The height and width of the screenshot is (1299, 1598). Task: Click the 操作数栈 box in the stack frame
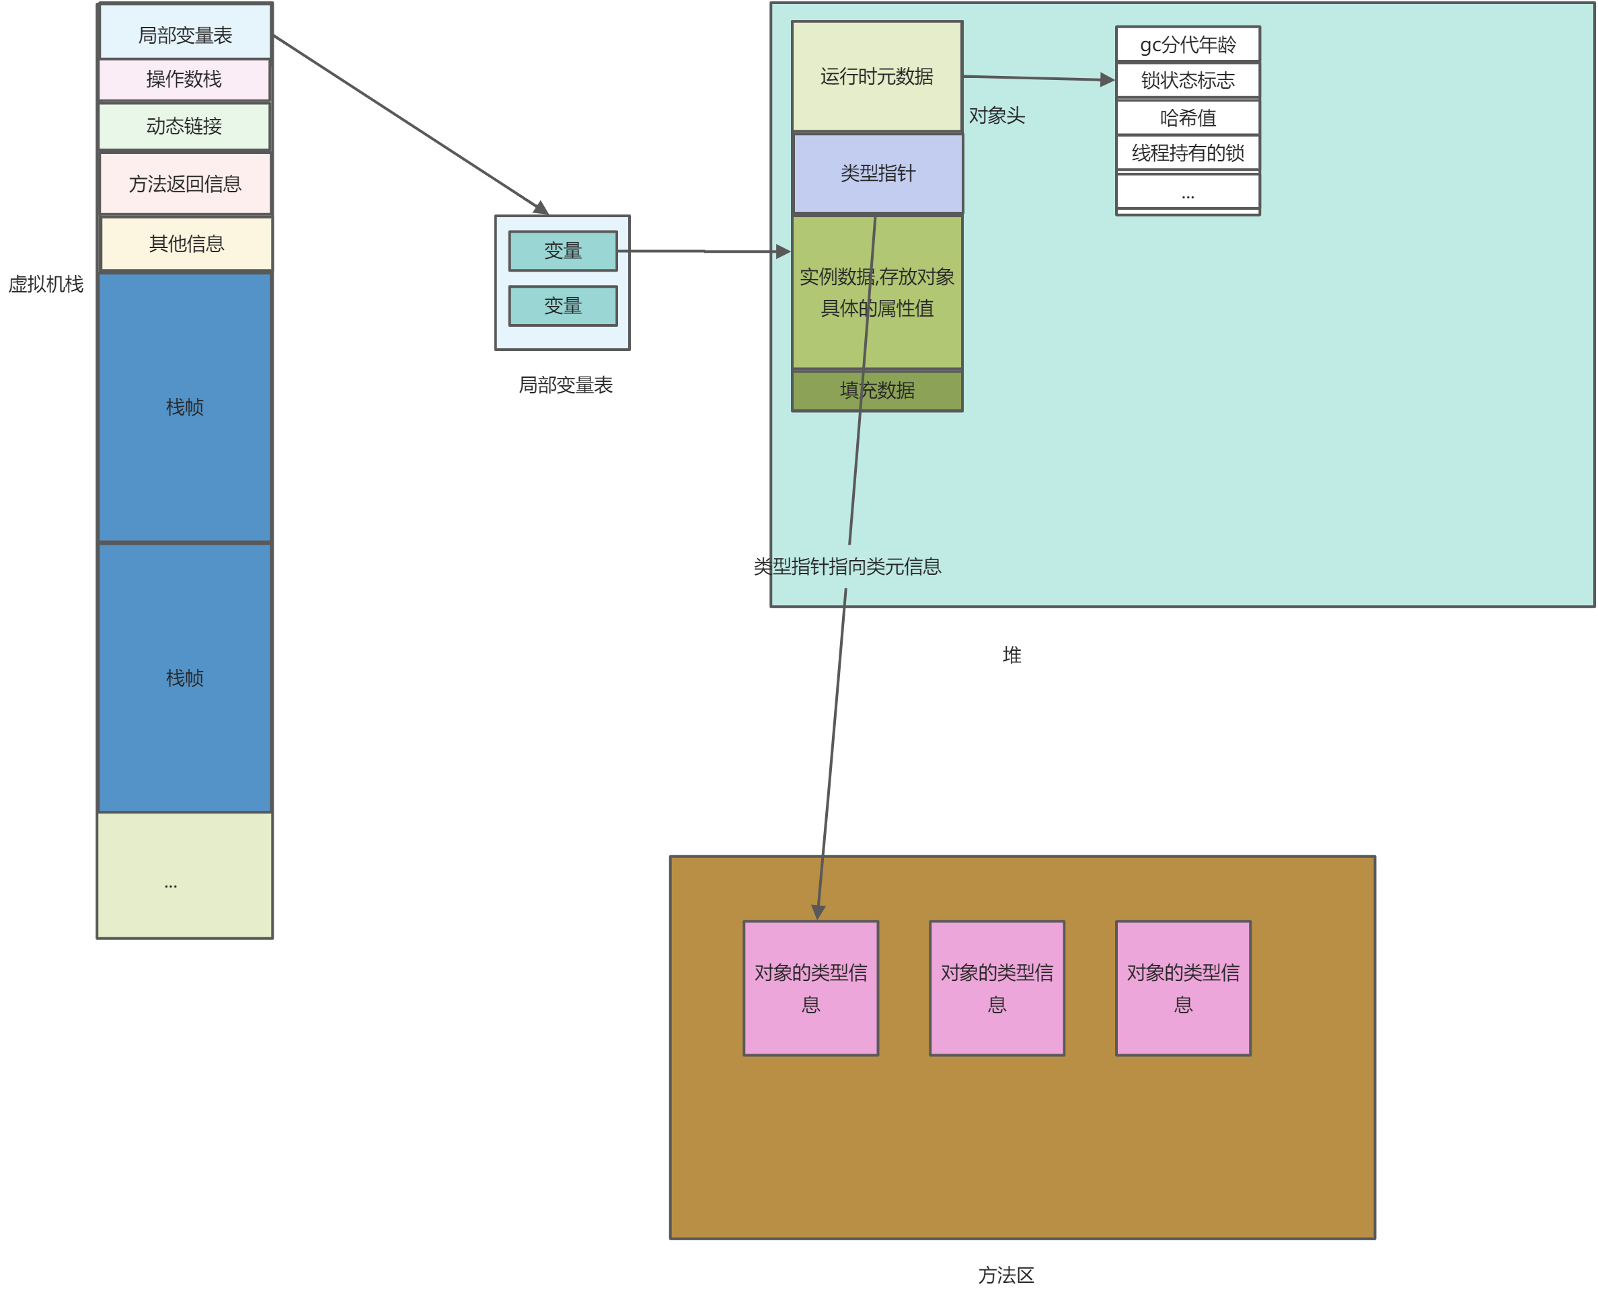184,79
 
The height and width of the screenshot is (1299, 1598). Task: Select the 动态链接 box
184,126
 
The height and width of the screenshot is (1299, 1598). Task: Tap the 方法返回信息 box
185,184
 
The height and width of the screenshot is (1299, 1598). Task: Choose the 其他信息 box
186,243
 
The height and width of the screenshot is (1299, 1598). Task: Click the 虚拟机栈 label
46,284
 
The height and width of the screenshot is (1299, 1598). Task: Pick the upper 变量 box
563,251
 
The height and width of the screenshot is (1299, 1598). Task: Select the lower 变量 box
563,306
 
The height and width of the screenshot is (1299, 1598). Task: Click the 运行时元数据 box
876,77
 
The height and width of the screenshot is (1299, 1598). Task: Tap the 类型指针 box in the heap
877,173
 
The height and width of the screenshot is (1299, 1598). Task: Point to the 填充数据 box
877,391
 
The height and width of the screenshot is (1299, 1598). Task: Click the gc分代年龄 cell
1187,45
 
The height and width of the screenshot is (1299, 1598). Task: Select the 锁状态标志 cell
1187,80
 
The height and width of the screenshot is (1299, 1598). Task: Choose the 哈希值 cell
1187,118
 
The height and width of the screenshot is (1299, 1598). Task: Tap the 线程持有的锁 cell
1187,153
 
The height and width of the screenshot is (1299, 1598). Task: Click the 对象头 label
996,116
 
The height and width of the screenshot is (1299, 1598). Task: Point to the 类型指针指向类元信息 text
847,566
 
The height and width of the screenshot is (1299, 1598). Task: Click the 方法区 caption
1005,1275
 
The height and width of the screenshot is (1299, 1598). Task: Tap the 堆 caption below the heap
1012,656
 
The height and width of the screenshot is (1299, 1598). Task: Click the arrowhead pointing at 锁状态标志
1107,79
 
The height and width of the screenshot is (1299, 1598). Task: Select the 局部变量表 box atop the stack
185,34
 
